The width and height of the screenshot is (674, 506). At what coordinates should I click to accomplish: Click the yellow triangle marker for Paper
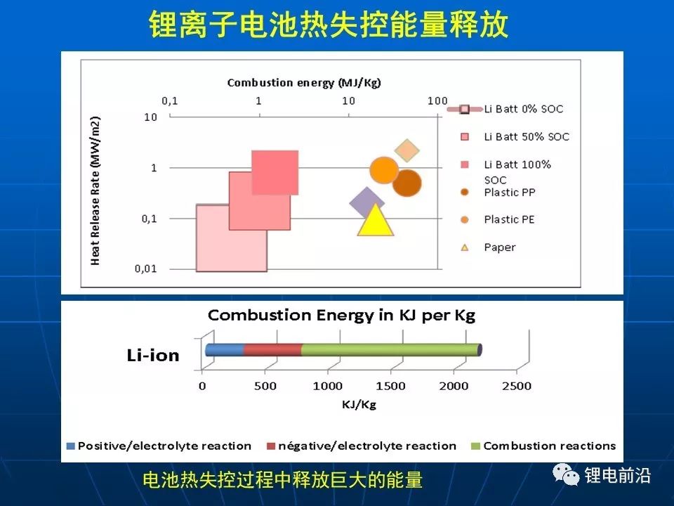375,221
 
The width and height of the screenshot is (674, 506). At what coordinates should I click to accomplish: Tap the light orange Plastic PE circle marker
384,170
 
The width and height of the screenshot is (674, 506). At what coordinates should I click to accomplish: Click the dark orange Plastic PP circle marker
407,183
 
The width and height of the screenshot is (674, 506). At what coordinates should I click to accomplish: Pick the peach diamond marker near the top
407,150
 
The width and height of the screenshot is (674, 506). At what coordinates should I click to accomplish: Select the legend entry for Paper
499,247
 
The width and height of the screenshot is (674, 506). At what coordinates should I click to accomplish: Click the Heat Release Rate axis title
95,190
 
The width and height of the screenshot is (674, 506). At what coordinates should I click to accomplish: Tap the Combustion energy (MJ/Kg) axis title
304,83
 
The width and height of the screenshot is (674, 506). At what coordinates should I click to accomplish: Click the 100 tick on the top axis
437,100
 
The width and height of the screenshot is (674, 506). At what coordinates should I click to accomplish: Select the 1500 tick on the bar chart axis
390,386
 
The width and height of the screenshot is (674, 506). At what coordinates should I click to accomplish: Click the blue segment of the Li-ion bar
225,350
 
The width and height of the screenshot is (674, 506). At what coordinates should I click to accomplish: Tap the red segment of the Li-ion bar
272,350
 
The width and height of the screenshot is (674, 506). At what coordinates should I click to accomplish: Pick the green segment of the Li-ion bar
390,350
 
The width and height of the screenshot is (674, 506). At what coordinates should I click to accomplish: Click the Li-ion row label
153,356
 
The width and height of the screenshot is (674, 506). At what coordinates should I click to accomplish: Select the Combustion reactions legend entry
549,446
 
